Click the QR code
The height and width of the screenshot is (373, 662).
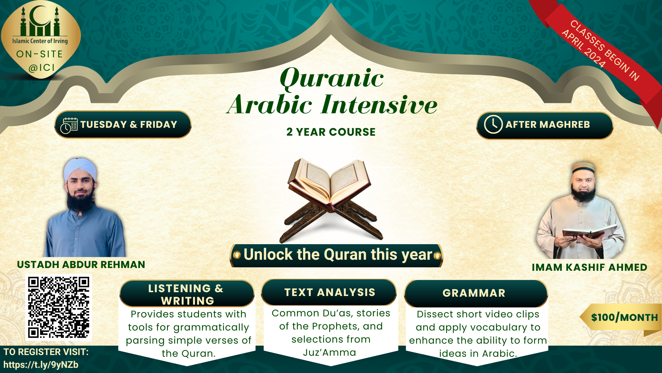coord(59,307)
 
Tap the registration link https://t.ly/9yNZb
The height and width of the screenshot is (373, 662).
coord(41,365)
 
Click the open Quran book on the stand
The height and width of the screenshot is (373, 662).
coord(329,183)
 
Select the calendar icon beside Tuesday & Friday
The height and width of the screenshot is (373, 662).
coord(69,125)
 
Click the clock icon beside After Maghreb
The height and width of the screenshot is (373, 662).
coord(493,124)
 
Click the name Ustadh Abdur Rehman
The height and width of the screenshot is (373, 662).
coord(81,265)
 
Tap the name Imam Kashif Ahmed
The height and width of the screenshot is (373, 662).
coord(589,267)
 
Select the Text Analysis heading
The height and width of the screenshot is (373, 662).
coord(330,293)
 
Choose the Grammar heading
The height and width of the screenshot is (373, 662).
coord(474,293)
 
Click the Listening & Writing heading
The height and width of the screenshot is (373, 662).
coord(186,294)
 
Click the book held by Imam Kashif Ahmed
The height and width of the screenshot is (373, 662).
coord(590,232)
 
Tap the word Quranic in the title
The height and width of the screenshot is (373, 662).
coord(332,78)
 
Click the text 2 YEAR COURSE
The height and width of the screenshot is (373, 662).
coord(331,132)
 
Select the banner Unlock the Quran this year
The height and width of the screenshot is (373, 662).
coord(337,255)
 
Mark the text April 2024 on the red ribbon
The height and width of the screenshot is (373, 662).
coord(584,49)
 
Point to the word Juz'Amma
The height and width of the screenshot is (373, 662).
coord(330,352)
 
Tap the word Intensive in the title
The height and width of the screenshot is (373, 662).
coord(379,105)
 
